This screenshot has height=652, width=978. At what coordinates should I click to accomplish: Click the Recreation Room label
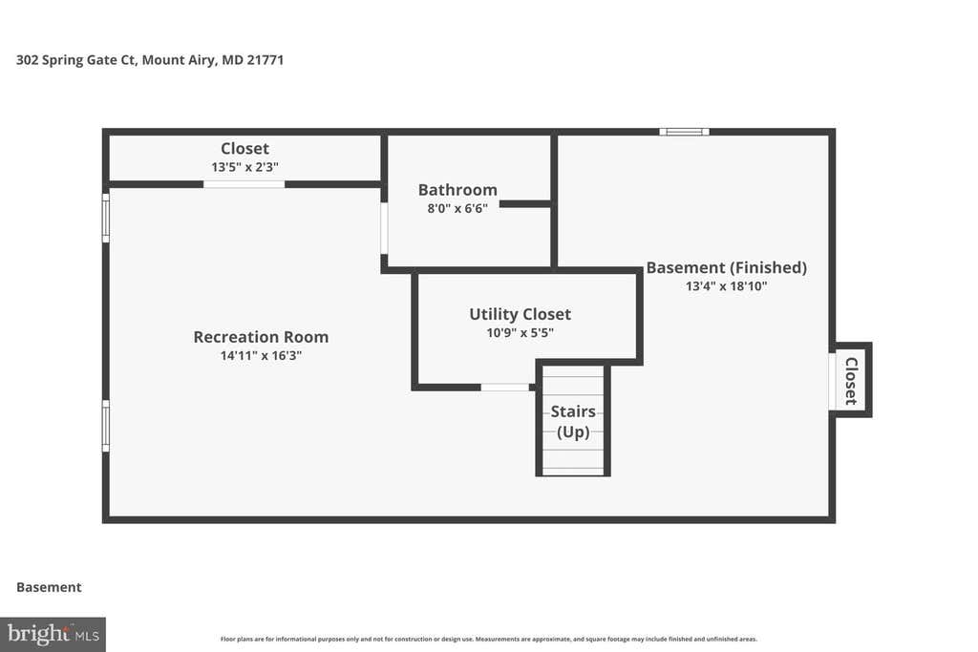261,337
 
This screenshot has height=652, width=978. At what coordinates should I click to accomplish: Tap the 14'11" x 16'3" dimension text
261,356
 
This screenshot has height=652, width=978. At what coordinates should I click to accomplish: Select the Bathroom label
457,190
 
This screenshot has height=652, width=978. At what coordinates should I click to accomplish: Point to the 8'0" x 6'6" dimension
457,209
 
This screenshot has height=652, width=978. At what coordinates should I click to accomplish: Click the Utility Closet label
521,314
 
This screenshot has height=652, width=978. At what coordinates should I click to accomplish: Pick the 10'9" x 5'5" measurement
521,333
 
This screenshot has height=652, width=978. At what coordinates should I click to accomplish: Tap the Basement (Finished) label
726,268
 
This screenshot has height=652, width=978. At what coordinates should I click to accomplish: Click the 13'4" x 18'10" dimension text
726,286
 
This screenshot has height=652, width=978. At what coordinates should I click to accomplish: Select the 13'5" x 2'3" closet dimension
244,167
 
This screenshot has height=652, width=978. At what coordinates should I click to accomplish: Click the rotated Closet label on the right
851,381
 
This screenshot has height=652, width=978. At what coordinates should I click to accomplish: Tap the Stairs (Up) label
573,421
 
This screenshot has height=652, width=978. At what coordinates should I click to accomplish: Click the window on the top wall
684,132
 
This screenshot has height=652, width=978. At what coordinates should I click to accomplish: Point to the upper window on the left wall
106,218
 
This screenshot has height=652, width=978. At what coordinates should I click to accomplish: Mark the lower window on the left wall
106,426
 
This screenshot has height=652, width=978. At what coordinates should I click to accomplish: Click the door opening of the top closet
244,184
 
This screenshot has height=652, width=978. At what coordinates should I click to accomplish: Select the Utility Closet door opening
504,387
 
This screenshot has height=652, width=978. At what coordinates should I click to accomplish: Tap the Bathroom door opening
384,227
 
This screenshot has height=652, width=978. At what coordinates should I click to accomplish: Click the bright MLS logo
53,635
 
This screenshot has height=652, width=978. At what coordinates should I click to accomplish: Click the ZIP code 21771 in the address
266,60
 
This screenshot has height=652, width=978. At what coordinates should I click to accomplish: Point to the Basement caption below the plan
49,587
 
